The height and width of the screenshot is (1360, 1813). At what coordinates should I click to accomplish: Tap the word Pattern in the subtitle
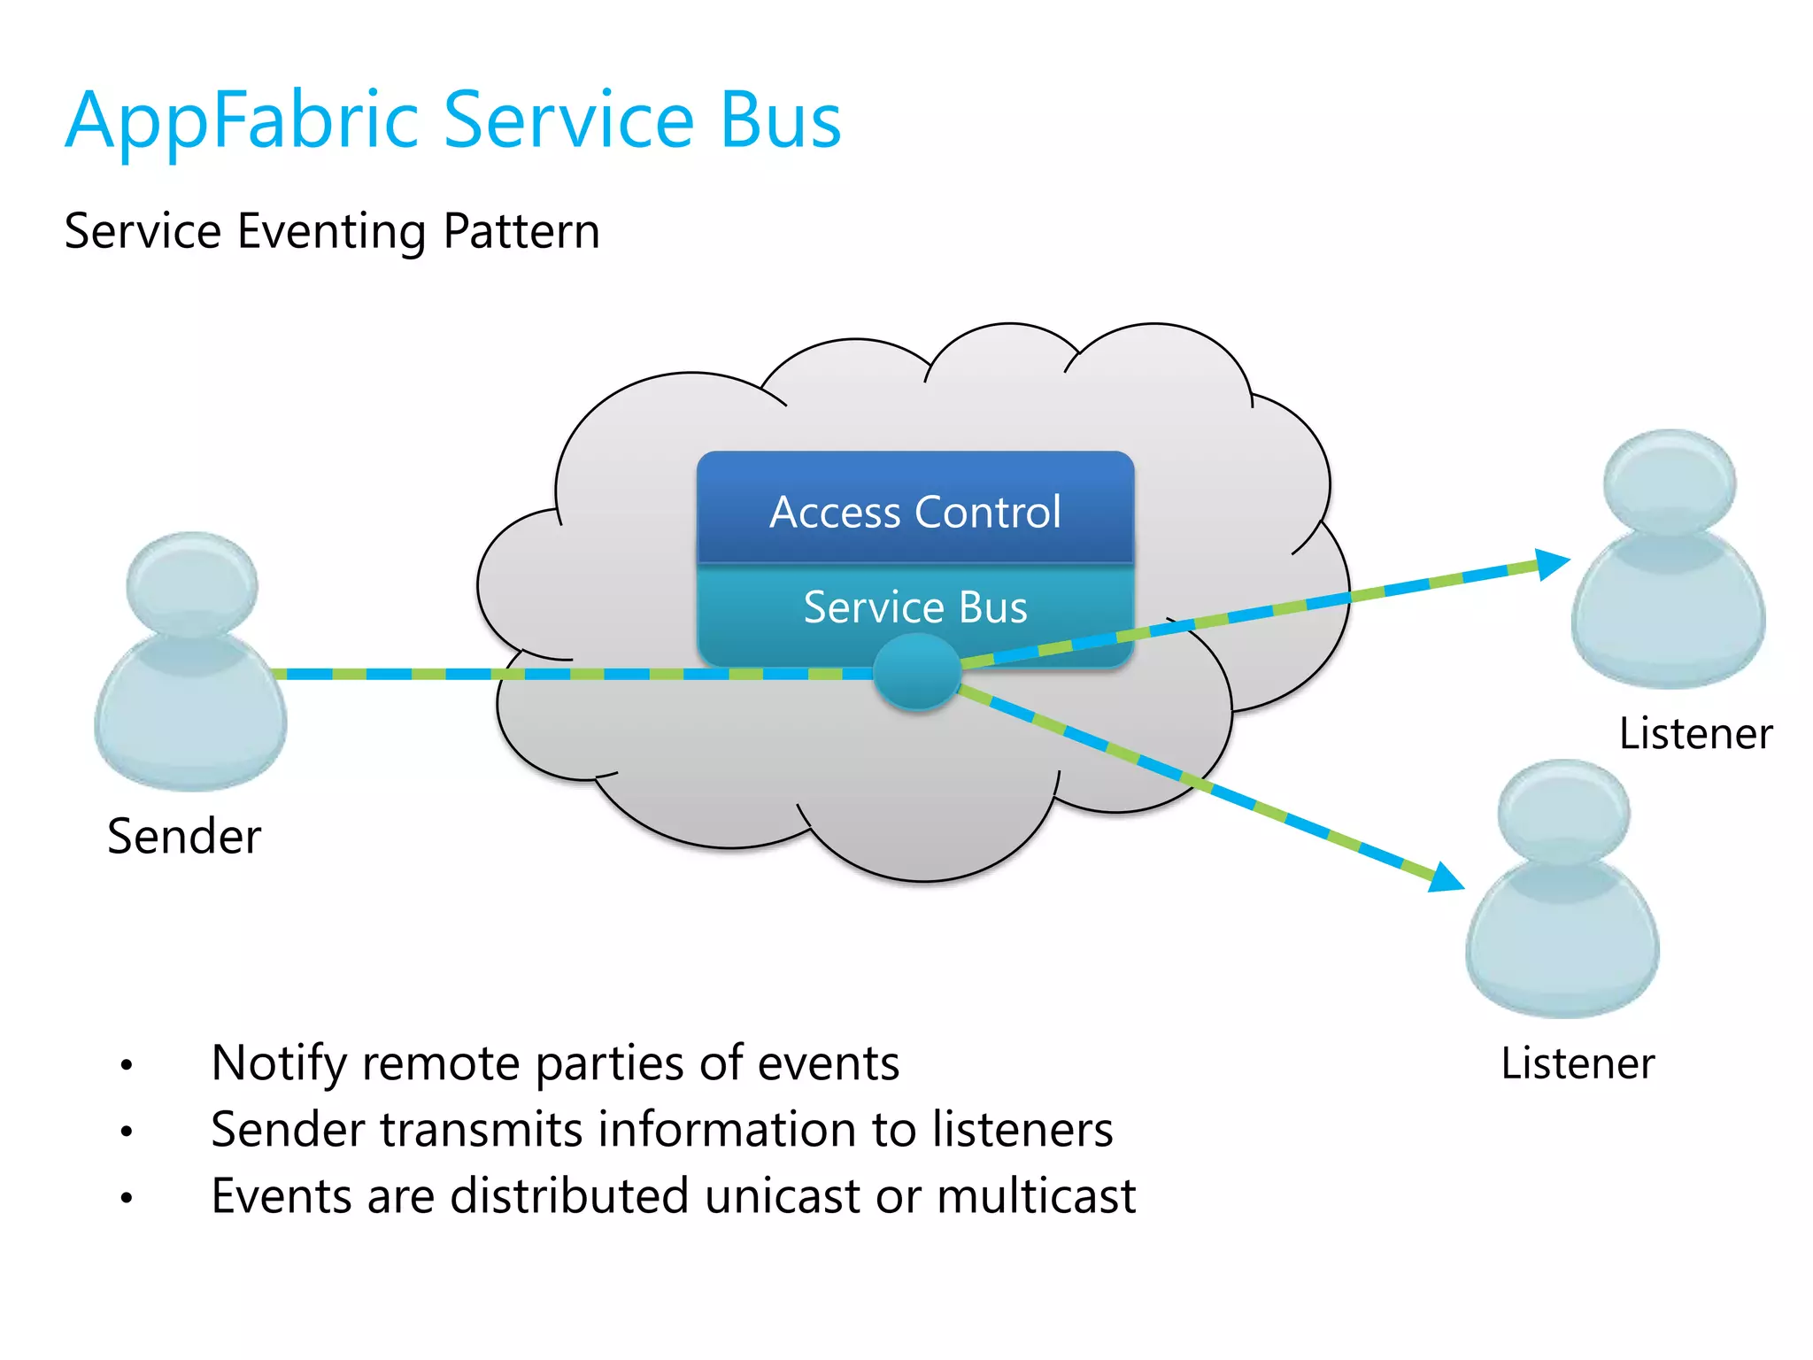[x=521, y=232]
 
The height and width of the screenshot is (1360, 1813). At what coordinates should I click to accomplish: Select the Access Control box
[x=915, y=511]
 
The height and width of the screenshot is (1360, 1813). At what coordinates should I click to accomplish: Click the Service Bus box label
[x=915, y=607]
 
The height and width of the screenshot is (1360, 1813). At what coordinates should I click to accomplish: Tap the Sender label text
[x=184, y=836]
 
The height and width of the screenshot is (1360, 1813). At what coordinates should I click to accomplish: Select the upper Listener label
[x=1695, y=733]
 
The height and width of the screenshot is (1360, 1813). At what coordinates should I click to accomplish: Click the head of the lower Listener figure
[x=1563, y=809]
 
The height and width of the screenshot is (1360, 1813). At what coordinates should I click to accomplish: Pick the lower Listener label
[x=1578, y=1062]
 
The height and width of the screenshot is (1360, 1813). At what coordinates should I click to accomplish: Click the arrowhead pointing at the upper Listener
[x=1551, y=563]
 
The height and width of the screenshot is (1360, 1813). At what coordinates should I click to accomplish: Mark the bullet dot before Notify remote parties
[x=127, y=1065]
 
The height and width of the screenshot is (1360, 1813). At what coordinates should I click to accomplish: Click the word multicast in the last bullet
[x=1036, y=1196]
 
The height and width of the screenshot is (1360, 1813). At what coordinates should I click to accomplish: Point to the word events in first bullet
[x=829, y=1063]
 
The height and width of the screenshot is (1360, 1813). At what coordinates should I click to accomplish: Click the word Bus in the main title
[x=780, y=122]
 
